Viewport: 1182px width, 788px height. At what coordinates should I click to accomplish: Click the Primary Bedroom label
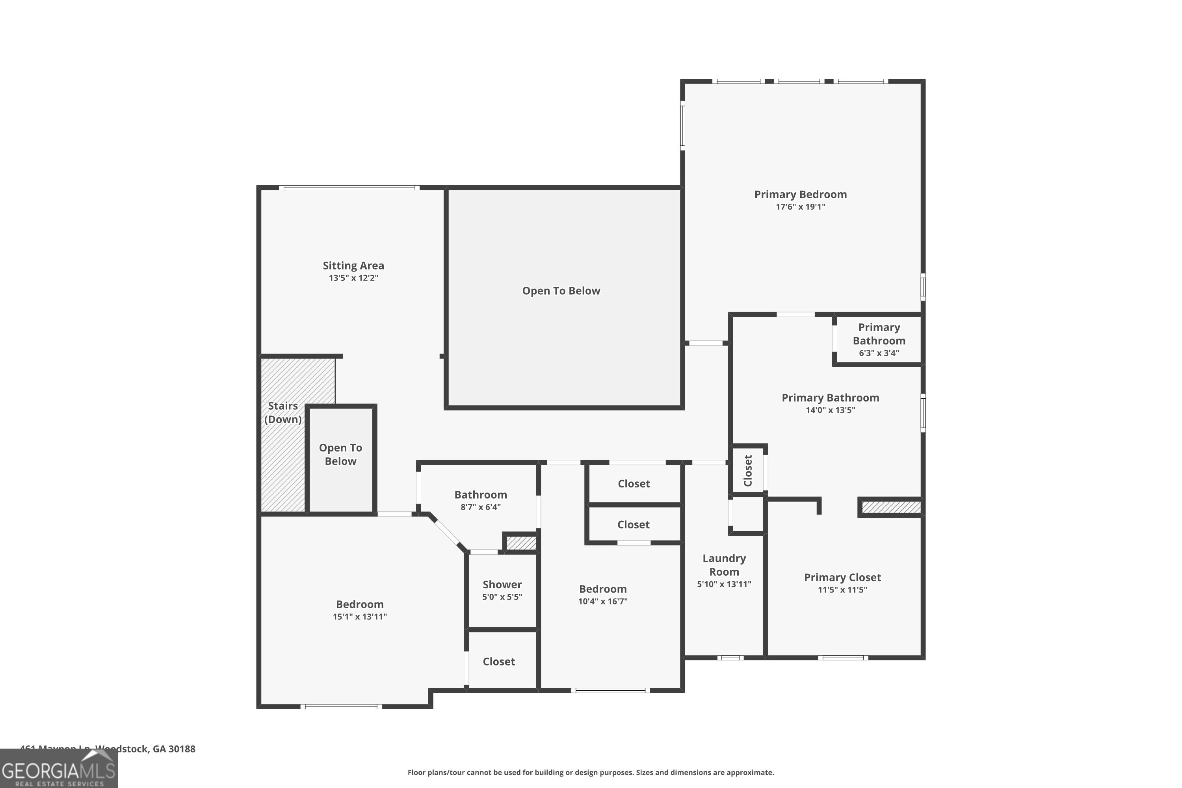pos(800,195)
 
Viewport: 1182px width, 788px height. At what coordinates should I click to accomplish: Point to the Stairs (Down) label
pos(283,413)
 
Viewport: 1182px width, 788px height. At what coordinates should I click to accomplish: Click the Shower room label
pos(502,584)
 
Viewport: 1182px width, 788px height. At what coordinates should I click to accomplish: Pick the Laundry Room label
pos(724,565)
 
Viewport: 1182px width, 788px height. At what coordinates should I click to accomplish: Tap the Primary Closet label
pos(842,578)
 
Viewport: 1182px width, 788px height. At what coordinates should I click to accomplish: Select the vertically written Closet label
pos(748,471)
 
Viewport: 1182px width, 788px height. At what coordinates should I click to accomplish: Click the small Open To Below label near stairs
pos(340,454)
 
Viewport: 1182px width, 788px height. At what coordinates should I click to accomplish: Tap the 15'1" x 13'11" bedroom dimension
pos(359,617)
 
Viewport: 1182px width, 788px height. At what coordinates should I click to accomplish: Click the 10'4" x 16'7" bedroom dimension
pos(602,602)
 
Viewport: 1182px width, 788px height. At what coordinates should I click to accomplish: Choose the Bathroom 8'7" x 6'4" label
pos(480,495)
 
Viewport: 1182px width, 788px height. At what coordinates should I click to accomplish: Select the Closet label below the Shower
pos(498,662)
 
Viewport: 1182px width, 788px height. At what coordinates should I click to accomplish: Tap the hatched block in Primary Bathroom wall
pos(891,507)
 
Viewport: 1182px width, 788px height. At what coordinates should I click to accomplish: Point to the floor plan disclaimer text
pos(591,772)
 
